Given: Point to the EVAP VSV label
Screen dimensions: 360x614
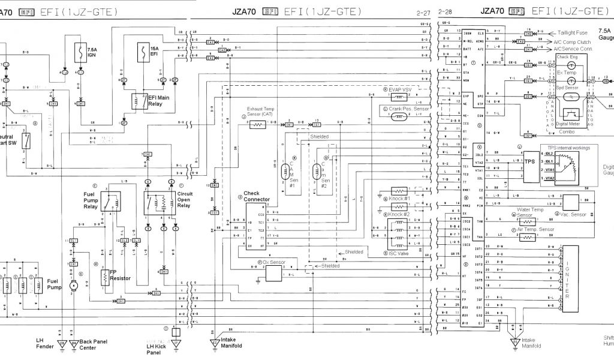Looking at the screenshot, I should point(401,88).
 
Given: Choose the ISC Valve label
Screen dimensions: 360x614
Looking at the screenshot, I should point(396,254).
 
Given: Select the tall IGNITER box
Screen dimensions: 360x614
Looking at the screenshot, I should point(570,279).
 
